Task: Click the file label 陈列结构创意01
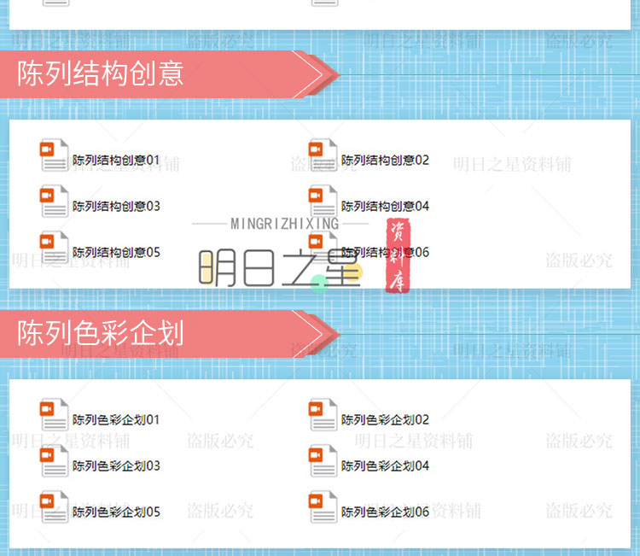[116, 160]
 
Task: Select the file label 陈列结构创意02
[385, 160]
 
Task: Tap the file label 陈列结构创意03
[116, 206]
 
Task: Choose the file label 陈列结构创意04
[385, 206]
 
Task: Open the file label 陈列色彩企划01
[116, 419]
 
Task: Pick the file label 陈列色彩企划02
[385, 419]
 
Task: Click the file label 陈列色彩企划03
[116, 465]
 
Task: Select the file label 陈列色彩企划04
[385, 465]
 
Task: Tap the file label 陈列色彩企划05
[116, 512]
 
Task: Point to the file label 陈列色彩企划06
[385, 512]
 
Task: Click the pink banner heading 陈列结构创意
[101, 73]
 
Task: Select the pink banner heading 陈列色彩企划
[101, 332]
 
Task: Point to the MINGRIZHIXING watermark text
[284, 224]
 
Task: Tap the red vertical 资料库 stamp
[396, 256]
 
